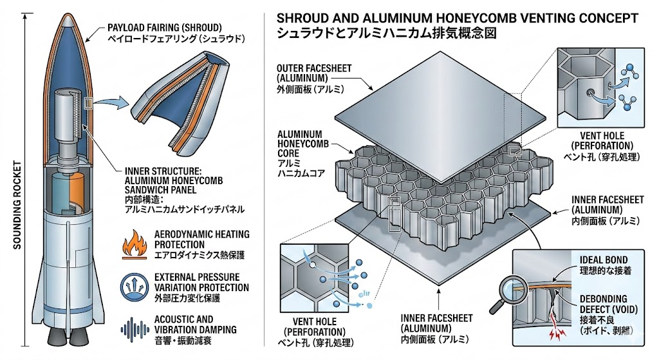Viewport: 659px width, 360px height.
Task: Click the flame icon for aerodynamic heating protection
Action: point(135,245)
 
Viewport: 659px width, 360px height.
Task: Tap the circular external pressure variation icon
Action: point(135,287)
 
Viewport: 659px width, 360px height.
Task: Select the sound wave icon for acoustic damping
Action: point(135,329)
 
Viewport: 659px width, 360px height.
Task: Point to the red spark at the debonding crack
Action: point(555,332)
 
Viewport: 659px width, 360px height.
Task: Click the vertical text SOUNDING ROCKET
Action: point(17,205)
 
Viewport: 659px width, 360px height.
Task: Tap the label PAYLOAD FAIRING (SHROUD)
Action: point(164,28)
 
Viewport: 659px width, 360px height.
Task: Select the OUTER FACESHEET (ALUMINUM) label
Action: point(314,73)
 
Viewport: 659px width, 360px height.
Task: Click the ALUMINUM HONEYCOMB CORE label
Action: point(302,144)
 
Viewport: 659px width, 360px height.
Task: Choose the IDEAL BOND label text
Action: point(604,260)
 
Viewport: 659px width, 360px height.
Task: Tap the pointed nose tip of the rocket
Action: point(68,15)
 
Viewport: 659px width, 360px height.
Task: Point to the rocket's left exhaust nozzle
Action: point(56,335)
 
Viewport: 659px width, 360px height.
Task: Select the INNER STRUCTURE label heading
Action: point(163,171)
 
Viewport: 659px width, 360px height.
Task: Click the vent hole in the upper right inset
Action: point(591,91)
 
